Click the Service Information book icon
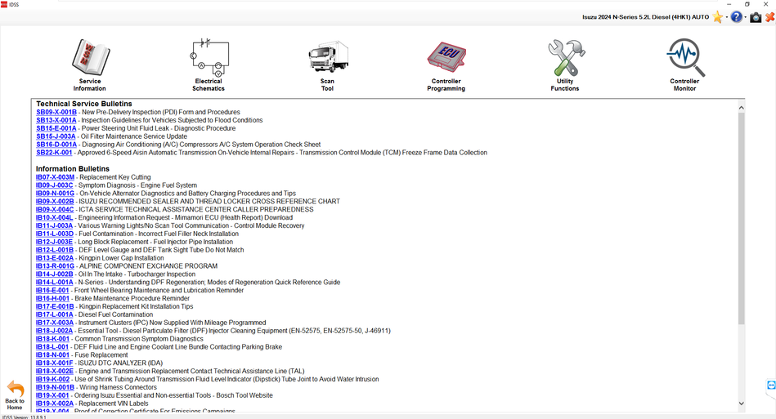pyautogui.click(x=90, y=57)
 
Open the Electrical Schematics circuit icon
pyautogui.click(x=209, y=57)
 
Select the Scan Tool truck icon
pyautogui.click(x=327, y=57)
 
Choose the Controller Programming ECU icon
pyautogui.click(x=446, y=57)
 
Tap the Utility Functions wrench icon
pyautogui.click(x=565, y=57)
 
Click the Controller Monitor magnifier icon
pyautogui.click(x=684, y=57)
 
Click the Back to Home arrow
pyautogui.click(x=15, y=390)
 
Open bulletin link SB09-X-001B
pyautogui.click(x=56, y=112)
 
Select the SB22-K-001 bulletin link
pyautogui.click(x=54, y=153)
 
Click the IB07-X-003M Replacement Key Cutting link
pyautogui.click(x=55, y=177)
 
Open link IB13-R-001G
pyautogui.click(x=55, y=266)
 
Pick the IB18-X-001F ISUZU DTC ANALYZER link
pyautogui.click(x=54, y=363)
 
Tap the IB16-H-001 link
pyautogui.click(x=52, y=299)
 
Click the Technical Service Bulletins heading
pyautogui.click(x=83, y=104)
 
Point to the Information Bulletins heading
pyautogui.click(x=72, y=169)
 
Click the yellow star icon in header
pyautogui.click(x=717, y=17)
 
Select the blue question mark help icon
pyautogui.click(x=737, y=17)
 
